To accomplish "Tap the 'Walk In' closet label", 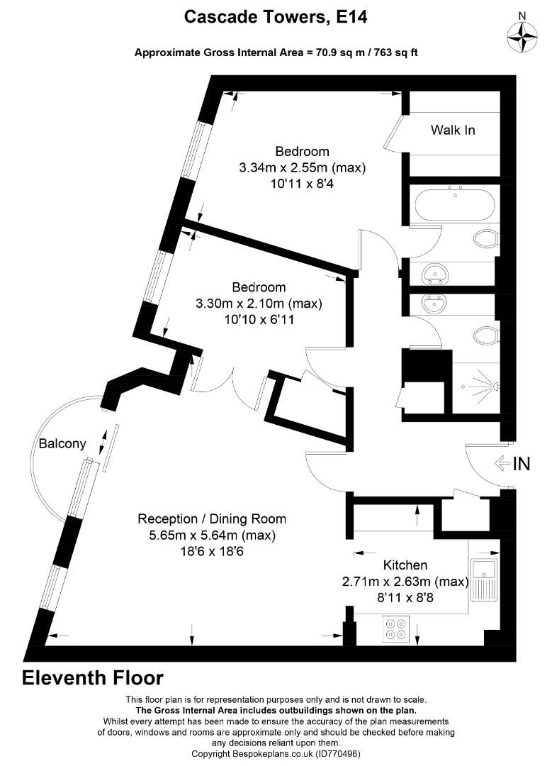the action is (x=453, y=130).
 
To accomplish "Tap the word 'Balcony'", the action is (x=62, y=444).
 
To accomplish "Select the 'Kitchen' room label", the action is (x=405, y=565).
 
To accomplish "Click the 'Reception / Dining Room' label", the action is (x=212, y=518).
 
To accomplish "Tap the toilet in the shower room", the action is (x=485, y=335).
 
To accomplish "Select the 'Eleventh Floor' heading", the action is (x=93, y=678).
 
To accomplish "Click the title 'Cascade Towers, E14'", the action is (x=276, y=18).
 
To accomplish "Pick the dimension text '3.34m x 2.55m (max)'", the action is (x=303, y=168).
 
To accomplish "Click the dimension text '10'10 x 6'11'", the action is (x=259, y=320).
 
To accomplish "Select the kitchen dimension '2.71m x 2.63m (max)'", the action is (x=405, y=582).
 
